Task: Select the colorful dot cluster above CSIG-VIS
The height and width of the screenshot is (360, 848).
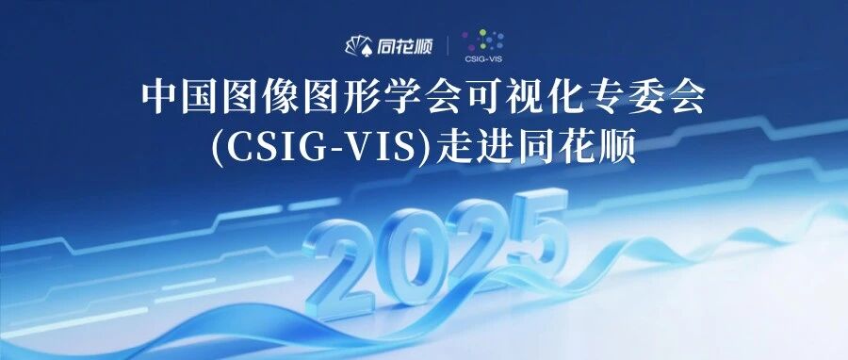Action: pos(483,41)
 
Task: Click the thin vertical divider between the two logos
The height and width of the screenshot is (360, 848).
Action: pos(448,46)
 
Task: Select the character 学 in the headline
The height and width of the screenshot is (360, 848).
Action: pos(400,99)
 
